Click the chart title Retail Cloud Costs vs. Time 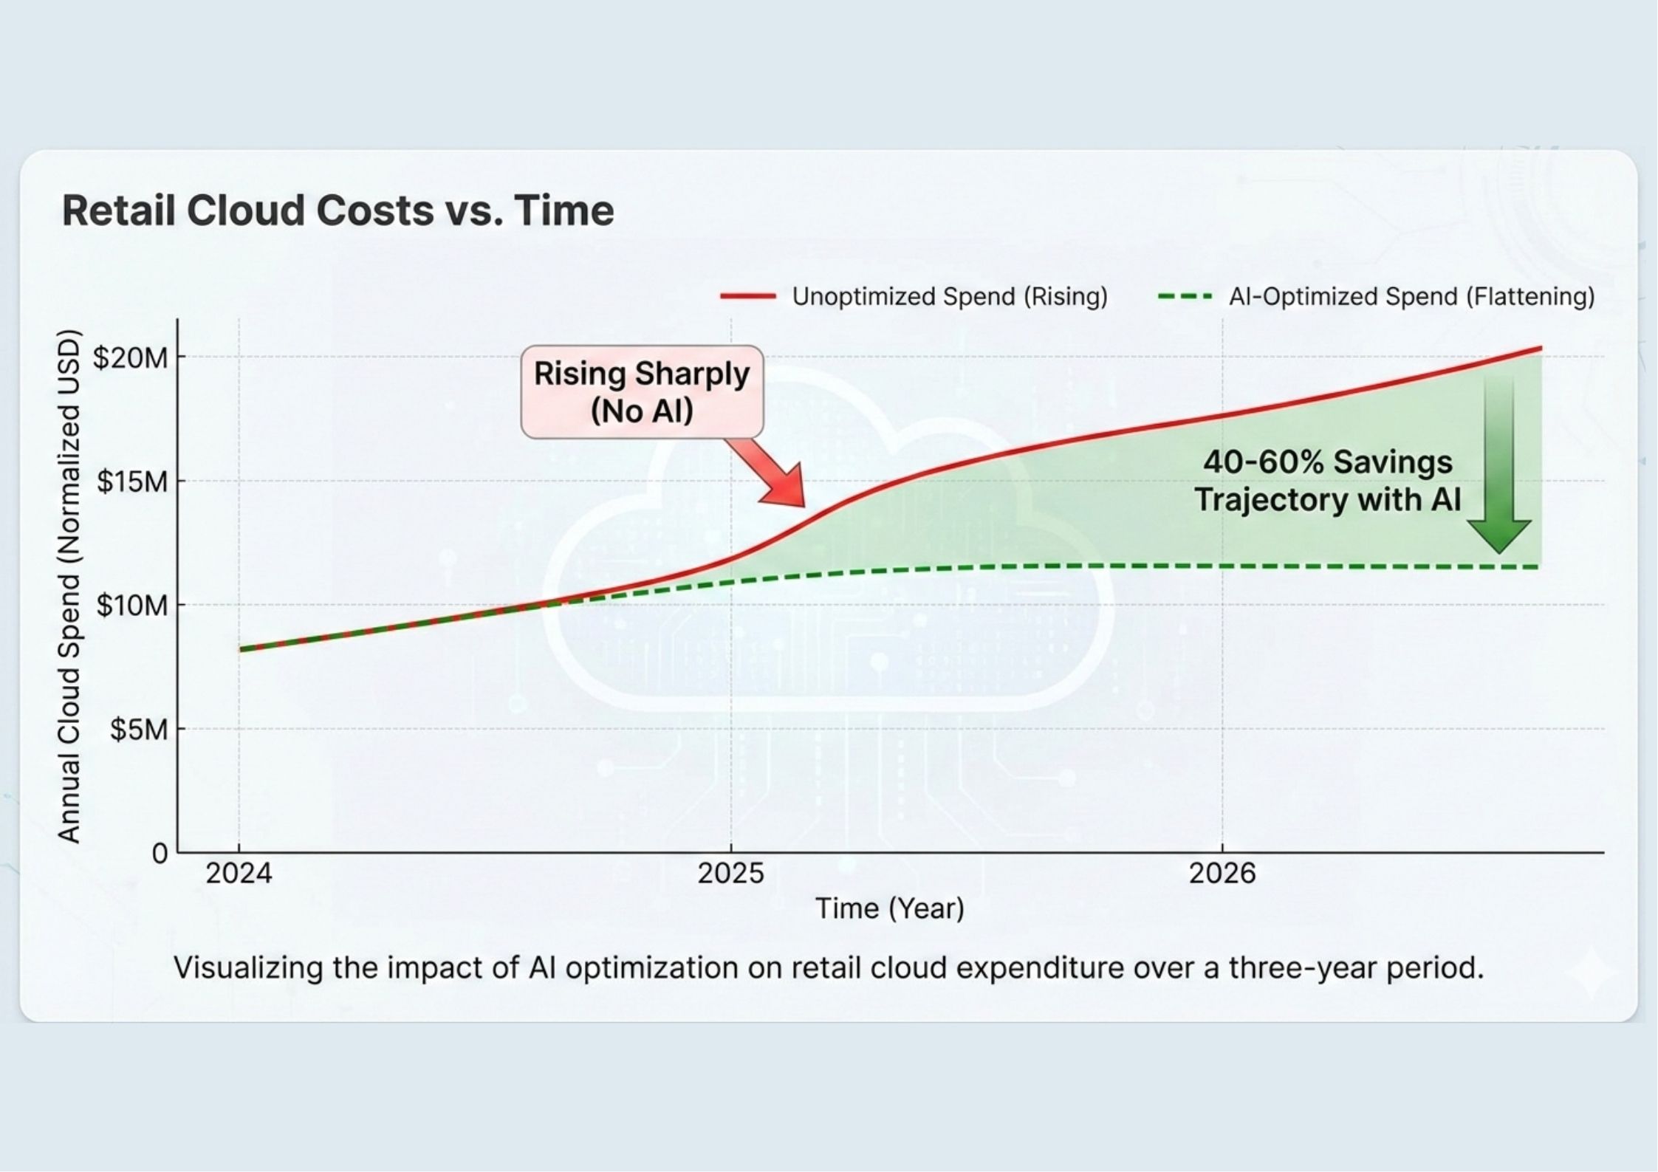click(x=338, y=211)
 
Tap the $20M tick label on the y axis click(x=130, y=358)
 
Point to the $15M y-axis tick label click(x=132, y=482)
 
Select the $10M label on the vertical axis click(x=132, y=606)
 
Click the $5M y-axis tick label click(x=139, y=730)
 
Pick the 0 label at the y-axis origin click(x=160, y=854)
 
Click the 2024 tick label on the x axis click(x=239, y=874)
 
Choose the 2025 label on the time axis click(x=730, y=874)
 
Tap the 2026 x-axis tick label click(x=1222, y=874)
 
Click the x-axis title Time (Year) click(x=889, y=908)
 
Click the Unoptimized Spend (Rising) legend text click(x=950, y=297)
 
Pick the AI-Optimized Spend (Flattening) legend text click(x=1411, y=297)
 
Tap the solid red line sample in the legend click(x=748, y=297)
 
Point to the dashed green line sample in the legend click(x=1185, y=297)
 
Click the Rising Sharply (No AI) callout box click(x=642, y=392)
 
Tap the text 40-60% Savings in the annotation click(x=1327, y=463)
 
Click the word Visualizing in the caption click(x=248, y=967)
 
